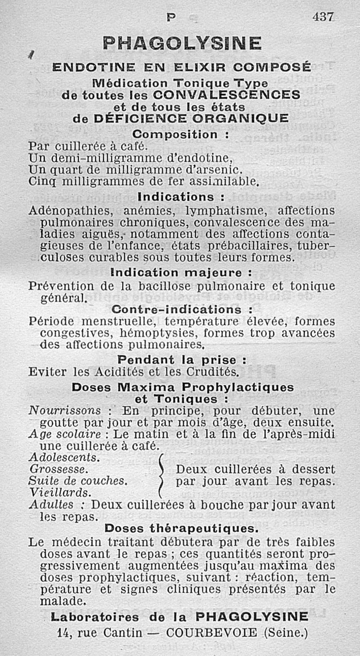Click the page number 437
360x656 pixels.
pyautogui.click(x=323, y=17)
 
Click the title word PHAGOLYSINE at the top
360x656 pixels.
pyautogui.click(x=182, y=44)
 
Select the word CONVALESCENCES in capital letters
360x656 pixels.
pyautogui.click(x=226, y=95)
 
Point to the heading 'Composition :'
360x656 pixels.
pyautogui.click(x=181, y=135)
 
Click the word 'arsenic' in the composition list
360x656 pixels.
pyautogui.click(x=218, y=170)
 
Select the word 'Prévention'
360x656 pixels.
pyautogui.click(x=61, y=286)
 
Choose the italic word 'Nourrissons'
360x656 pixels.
pyautogui.click(x=64, y=411)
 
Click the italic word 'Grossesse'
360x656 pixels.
pyautogui.click(x=58, y=469)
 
